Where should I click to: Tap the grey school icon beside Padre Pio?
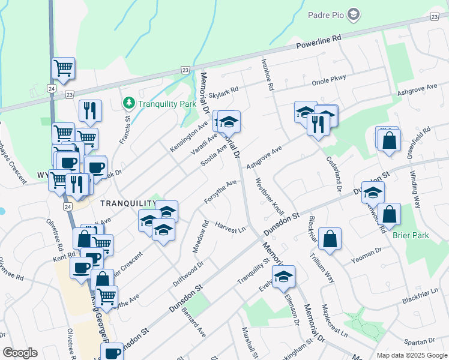[x=354, y=13]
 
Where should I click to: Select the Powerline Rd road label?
[x=319, y=41]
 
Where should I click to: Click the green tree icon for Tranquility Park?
[x=128, y=103]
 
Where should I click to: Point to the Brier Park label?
[x=411, y=235]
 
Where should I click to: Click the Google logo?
[x=19, y=353]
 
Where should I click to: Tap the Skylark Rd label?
[x=223, y=91]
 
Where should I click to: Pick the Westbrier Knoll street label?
[x=270, y=196]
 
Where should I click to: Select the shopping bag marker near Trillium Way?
[x=330, y=239]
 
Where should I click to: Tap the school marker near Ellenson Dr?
[x=283, y=277]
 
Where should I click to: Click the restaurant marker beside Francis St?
[x=90, y=110]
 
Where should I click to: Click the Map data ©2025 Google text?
[x=411, y=355]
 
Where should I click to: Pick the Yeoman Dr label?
[x=369, y=254]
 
